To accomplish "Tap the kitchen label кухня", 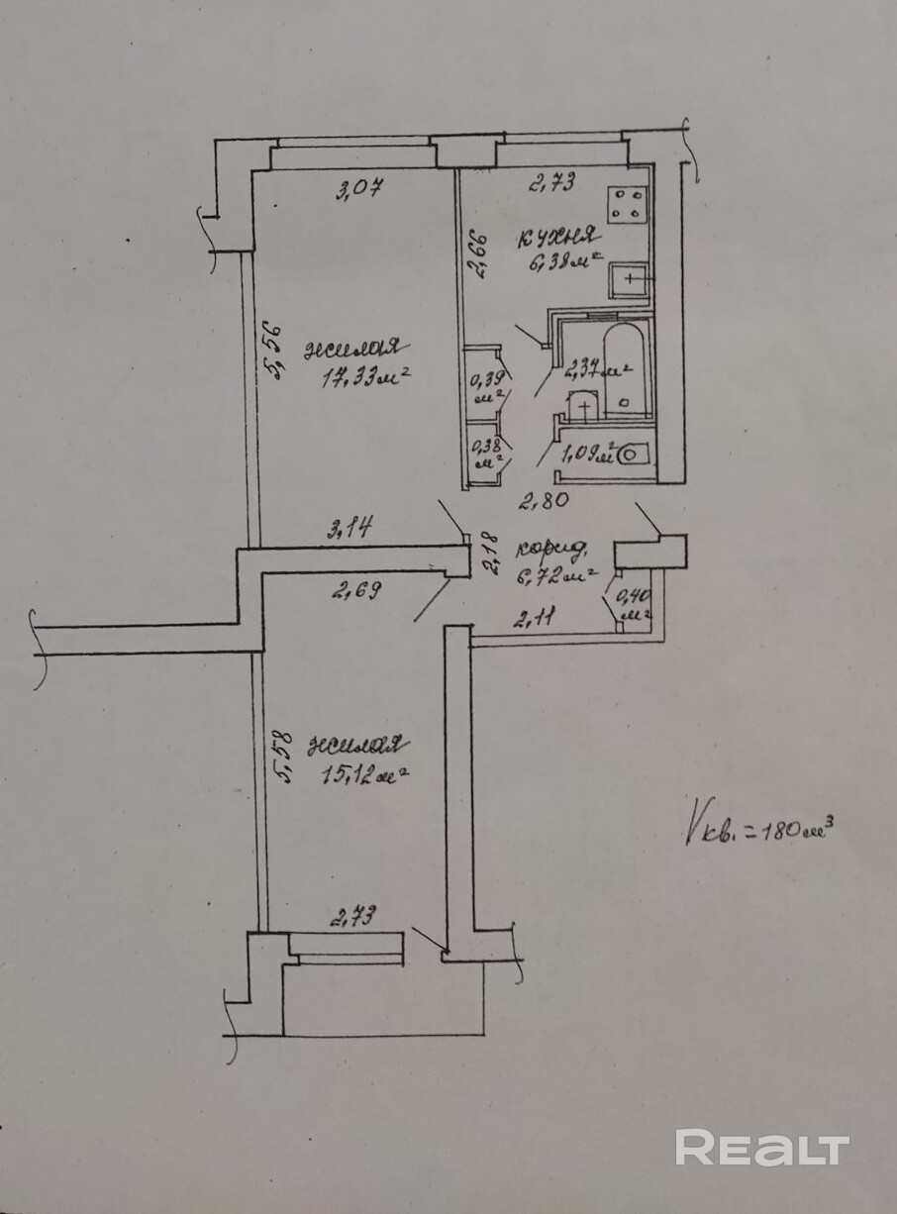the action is pyautogui.click(x=557, y=238).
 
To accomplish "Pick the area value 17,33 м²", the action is pyautogui.click(x=365, y=377).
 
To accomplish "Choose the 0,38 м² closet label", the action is pyautogui.click(x=485, y=453).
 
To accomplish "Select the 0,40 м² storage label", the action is pyautogui.click(x=631, y=603).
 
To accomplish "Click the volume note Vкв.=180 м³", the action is pyautogui.click(x=756, y=827).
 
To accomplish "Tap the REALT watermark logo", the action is pyautogui.click(x=762, y=1148).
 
